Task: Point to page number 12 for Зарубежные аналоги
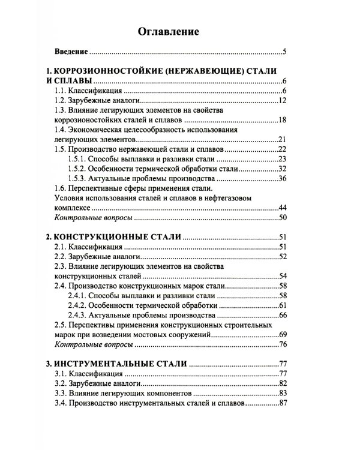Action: [284, 100]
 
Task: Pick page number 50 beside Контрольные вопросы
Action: [284, 217]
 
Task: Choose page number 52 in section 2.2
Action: [284, 257]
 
